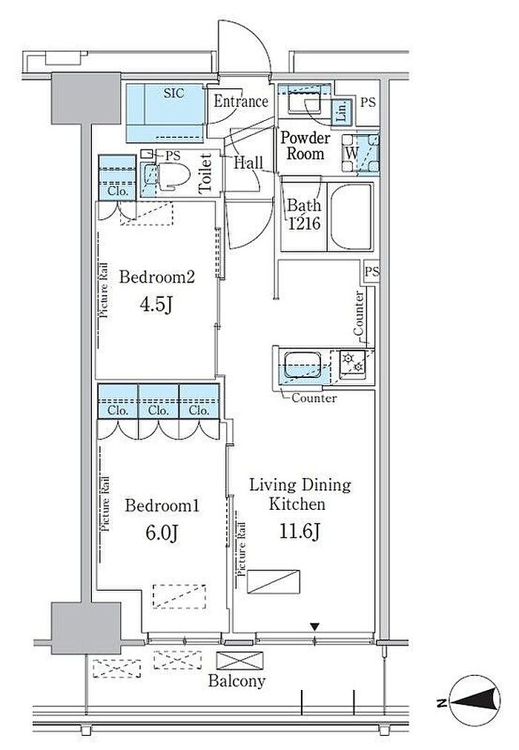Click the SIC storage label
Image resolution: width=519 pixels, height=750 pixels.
tap(173, 93)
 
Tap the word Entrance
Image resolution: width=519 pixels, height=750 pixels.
tap(241, 101)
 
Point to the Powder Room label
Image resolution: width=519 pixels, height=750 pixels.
tap(305, 146)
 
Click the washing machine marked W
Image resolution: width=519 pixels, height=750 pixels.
tap(351, 154)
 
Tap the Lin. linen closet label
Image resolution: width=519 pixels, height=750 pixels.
tap(342, 112)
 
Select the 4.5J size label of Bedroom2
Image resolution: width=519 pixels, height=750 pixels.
tap(156, 304)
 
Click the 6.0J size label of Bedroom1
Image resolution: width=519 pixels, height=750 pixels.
tap(162, 533)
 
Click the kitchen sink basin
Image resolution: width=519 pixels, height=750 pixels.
tap(303, 366)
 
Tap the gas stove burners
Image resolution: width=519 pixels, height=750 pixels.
tap(353, 363)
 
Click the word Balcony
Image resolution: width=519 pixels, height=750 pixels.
tap(237, 681)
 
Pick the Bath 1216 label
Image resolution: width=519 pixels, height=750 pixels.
tap(304, 214)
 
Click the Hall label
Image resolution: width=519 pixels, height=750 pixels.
tap(248, 163)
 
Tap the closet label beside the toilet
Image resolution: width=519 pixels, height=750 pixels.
tap(118, 191)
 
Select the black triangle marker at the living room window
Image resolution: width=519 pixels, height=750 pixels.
tap(314, 626)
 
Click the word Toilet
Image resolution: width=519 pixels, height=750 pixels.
tap(205, 173)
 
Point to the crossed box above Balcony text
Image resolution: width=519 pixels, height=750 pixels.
tap(239, 661)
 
